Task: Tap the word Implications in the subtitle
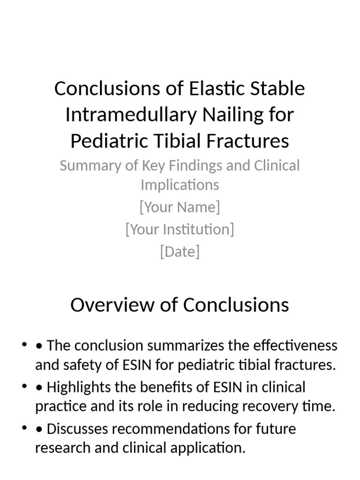click(180, 185)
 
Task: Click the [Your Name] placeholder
click(180, 207)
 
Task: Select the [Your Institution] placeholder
click(180, 229)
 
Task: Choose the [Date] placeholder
click(180, 252)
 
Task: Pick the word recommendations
click(178, 428)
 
